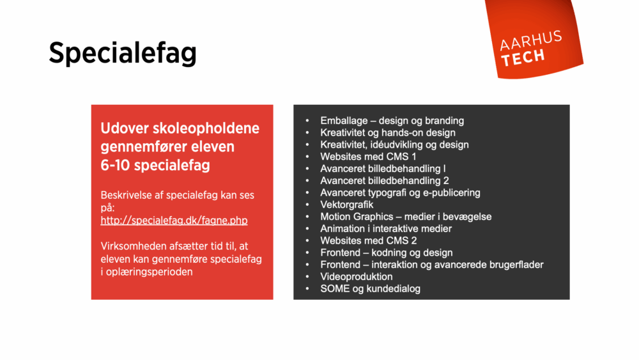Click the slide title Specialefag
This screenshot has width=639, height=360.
pos(122,54)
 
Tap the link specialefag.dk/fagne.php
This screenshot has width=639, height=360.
pos(174,220)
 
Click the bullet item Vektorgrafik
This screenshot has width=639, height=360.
pos(346,205)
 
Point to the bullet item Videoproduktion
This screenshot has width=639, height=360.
pos(356,277)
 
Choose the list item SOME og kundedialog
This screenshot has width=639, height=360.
pos(370,289)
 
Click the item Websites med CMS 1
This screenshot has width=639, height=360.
pos(368,157)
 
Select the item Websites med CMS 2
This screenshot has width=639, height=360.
pos(368,240)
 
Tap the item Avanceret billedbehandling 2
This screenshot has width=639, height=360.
pos(384,180)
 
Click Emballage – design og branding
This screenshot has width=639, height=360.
pos(392,121)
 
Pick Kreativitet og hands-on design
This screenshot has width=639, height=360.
pos(387,132)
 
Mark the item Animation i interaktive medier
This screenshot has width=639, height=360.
pos(386,228)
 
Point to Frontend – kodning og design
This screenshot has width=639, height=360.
pos(386,253)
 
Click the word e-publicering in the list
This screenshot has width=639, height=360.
pos(449,192)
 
